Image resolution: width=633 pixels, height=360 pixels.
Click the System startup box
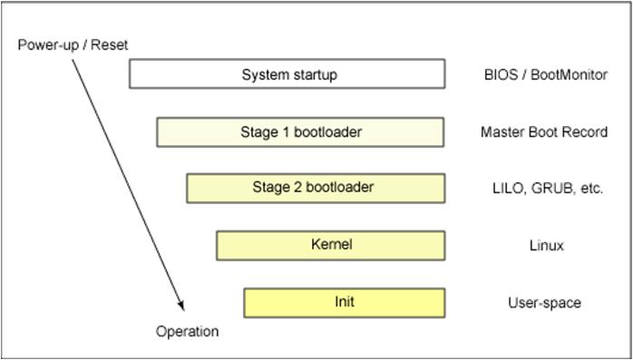(x=287, y=74)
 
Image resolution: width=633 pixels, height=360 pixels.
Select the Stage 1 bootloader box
(x=300, y=132)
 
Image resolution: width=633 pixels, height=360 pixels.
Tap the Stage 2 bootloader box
(x=316, y=188)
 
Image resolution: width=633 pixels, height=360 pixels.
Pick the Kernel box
(x=330, y=245)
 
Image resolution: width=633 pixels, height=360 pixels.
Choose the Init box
(x=344, y=302)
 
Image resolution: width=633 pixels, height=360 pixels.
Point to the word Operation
(x=187, y=331)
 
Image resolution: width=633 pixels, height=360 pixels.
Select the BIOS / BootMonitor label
(x=545, y=75)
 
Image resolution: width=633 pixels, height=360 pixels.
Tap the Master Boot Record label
(x=543, y=132)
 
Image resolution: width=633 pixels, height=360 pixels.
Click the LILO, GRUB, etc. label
(x=547, y=189)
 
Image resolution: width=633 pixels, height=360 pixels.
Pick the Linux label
(x=546, y=246)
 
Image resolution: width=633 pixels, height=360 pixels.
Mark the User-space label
(x=544, y=303)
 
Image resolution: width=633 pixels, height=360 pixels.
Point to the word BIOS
(x=499, y=75)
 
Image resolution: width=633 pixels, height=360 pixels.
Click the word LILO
(x=505, y=189)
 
